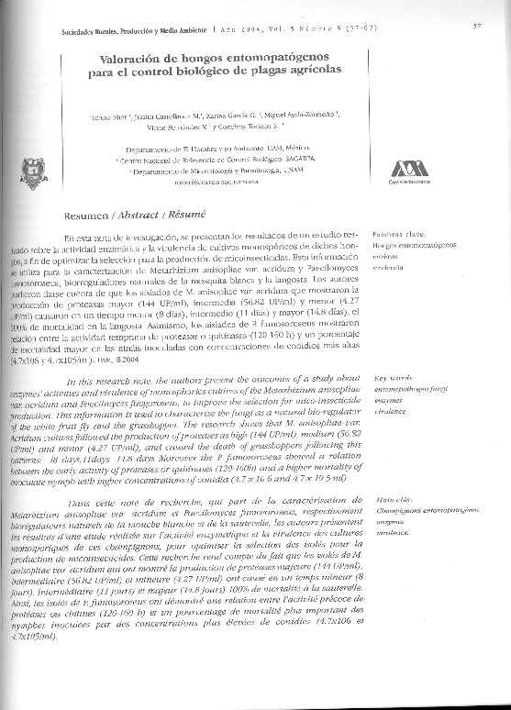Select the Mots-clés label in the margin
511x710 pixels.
pos(393,497)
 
